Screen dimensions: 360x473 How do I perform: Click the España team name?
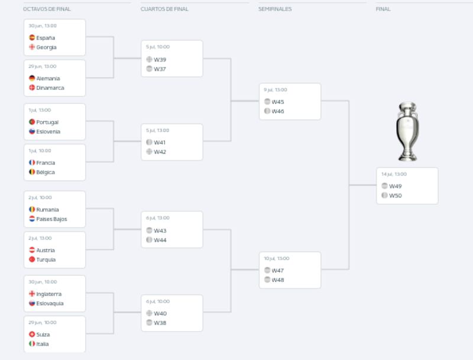46,38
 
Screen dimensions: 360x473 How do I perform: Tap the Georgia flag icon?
32,47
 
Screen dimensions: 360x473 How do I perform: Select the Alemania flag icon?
32,78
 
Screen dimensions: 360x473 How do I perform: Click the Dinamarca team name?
50,88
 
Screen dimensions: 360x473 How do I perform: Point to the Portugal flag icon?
32,122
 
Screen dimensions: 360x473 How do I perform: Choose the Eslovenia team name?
48,132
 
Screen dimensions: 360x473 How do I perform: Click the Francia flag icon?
32,163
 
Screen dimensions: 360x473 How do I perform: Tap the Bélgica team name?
46,173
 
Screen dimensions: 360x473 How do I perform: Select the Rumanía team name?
47,209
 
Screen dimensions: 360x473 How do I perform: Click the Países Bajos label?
51,219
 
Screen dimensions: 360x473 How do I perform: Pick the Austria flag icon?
32,250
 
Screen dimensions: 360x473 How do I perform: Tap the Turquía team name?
46,260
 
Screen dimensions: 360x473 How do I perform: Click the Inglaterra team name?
49,294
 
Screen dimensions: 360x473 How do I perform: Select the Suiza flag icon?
32,335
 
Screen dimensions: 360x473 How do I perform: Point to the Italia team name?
43,344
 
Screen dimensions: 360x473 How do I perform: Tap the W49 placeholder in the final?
395,186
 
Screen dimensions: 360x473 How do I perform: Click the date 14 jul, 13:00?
394,174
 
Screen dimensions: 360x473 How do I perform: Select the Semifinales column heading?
275,9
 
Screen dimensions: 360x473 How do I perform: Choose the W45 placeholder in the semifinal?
278,102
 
